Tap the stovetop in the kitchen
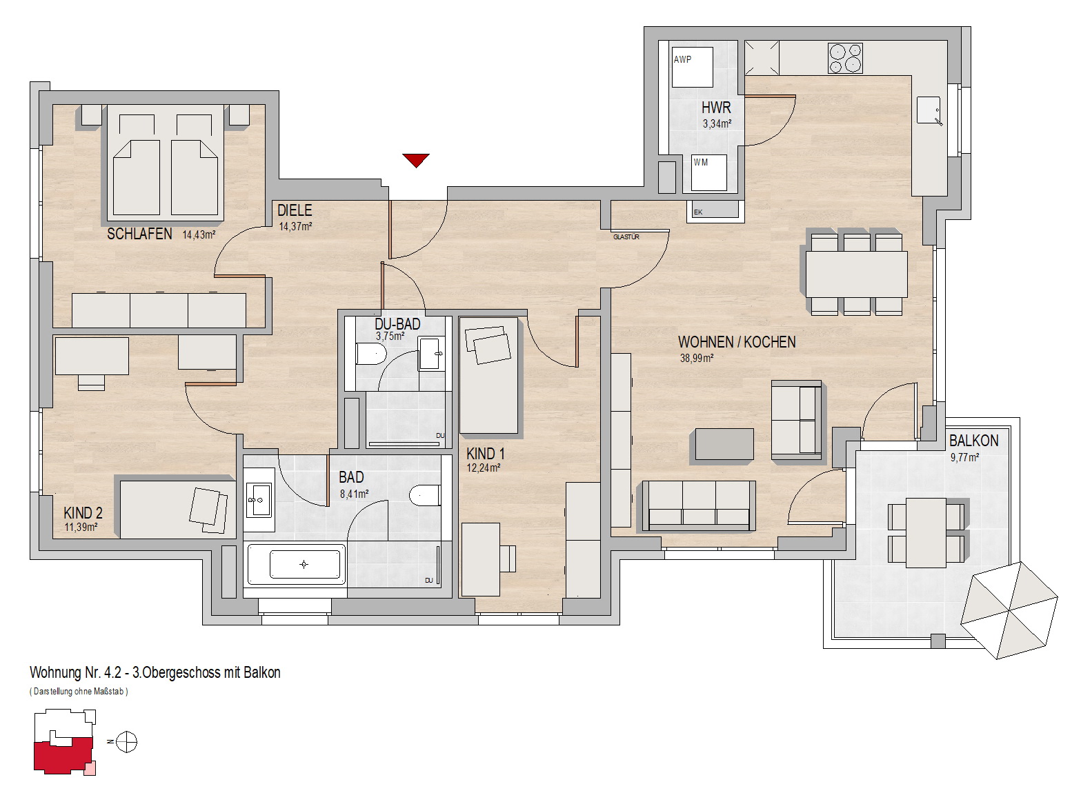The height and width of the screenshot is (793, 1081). coord(845,59)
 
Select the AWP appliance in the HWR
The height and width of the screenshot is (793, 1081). coord(692,67)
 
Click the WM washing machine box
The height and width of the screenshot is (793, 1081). coord(709,172)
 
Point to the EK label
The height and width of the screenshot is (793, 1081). coord(698,212)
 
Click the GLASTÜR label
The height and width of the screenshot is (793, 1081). coord(626,237)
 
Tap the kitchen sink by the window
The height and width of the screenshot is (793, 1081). coord(929,110)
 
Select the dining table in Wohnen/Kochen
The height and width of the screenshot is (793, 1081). coord(856,274)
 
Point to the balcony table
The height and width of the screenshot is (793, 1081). coord(926,532)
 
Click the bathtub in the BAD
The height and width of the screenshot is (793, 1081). coord(296,563)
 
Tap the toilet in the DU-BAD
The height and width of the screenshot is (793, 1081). coord(370,354)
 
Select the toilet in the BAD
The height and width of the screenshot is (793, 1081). coord(425,495)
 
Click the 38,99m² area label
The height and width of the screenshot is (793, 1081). coord(696,359)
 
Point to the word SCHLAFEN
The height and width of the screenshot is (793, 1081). coord(139,234)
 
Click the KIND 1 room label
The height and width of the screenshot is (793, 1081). coord(486,454)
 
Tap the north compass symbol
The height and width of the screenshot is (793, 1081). coord(126,741)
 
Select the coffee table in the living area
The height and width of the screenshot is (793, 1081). coord(724,444)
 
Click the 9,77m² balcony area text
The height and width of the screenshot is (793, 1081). coord(964,457)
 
